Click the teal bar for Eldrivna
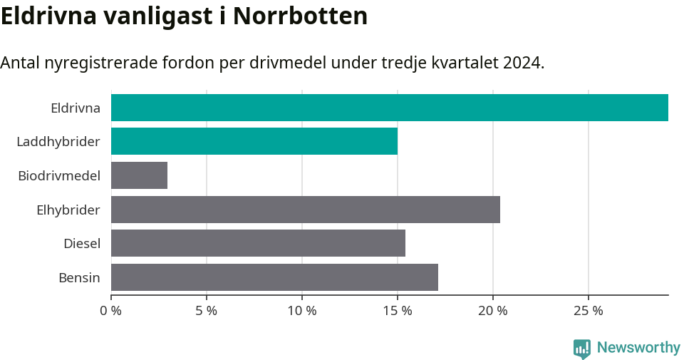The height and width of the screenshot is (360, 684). click(389, 108)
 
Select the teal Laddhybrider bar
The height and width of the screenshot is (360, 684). click(254, 141)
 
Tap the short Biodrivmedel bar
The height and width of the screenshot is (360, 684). click(139, 175)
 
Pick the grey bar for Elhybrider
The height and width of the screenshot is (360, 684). click(305, 210)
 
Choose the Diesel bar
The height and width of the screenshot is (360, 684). click(258, 243)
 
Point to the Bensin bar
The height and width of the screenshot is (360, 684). click(274, 277)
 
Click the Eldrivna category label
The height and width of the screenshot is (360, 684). click(75, 108)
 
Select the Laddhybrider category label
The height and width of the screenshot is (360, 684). click(58, 142)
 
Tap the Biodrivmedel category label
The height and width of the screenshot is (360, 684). click(58, 175)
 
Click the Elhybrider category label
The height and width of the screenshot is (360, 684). click(68, 210)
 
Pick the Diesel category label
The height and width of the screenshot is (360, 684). click(81, 244)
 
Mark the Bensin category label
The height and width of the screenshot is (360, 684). click(79, 277)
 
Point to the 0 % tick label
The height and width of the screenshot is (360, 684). click(110, 311)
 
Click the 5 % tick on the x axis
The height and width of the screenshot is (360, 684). click(207, 311)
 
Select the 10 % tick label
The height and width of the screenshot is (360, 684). click(302, 311)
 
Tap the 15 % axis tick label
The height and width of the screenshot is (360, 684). click(398, 311)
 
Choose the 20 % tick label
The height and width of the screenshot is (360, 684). click(493, 311)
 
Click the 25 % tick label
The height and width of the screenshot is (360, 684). click(589, 311)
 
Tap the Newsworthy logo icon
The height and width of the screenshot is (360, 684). click(581, 348)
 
